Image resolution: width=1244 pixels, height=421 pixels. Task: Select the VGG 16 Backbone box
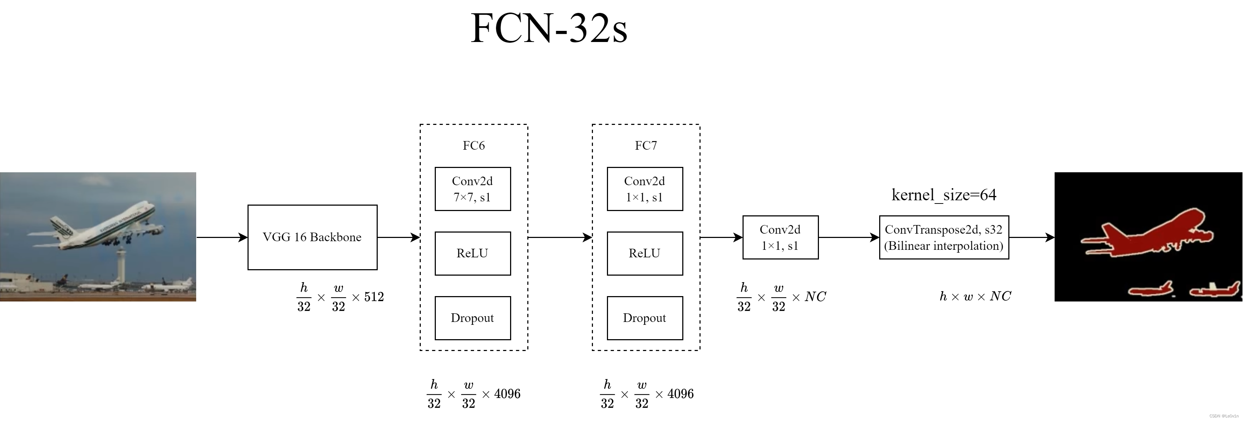pos(312,237)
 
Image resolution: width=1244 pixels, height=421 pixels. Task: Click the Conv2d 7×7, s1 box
pos(472,189)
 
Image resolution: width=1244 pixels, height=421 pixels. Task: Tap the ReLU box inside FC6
pos(472,253)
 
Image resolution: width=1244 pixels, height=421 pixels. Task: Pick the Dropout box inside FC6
pos(472,318)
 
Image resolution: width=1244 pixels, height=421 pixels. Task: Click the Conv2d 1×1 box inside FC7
pos(644,189)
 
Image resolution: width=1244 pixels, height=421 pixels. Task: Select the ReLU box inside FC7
pos(644,253)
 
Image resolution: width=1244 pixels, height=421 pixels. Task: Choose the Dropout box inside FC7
pos(644,318)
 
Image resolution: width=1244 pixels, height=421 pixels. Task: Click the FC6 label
pos(473,145)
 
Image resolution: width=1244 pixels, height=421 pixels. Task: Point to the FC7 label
pos(646,145)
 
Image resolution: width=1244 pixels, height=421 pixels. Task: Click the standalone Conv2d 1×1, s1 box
pos(780,237)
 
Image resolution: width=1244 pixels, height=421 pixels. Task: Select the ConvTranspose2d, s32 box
pos(944,237)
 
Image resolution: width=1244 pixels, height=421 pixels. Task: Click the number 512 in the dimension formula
pos(374,297)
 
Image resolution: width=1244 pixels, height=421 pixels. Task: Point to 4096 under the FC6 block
pos(507,394)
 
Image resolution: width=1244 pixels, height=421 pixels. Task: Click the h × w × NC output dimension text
pos(975,296)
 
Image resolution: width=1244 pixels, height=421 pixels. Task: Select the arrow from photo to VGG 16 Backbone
pos(222,237)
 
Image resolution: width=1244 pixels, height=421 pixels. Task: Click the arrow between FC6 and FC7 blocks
pos(560,237)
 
